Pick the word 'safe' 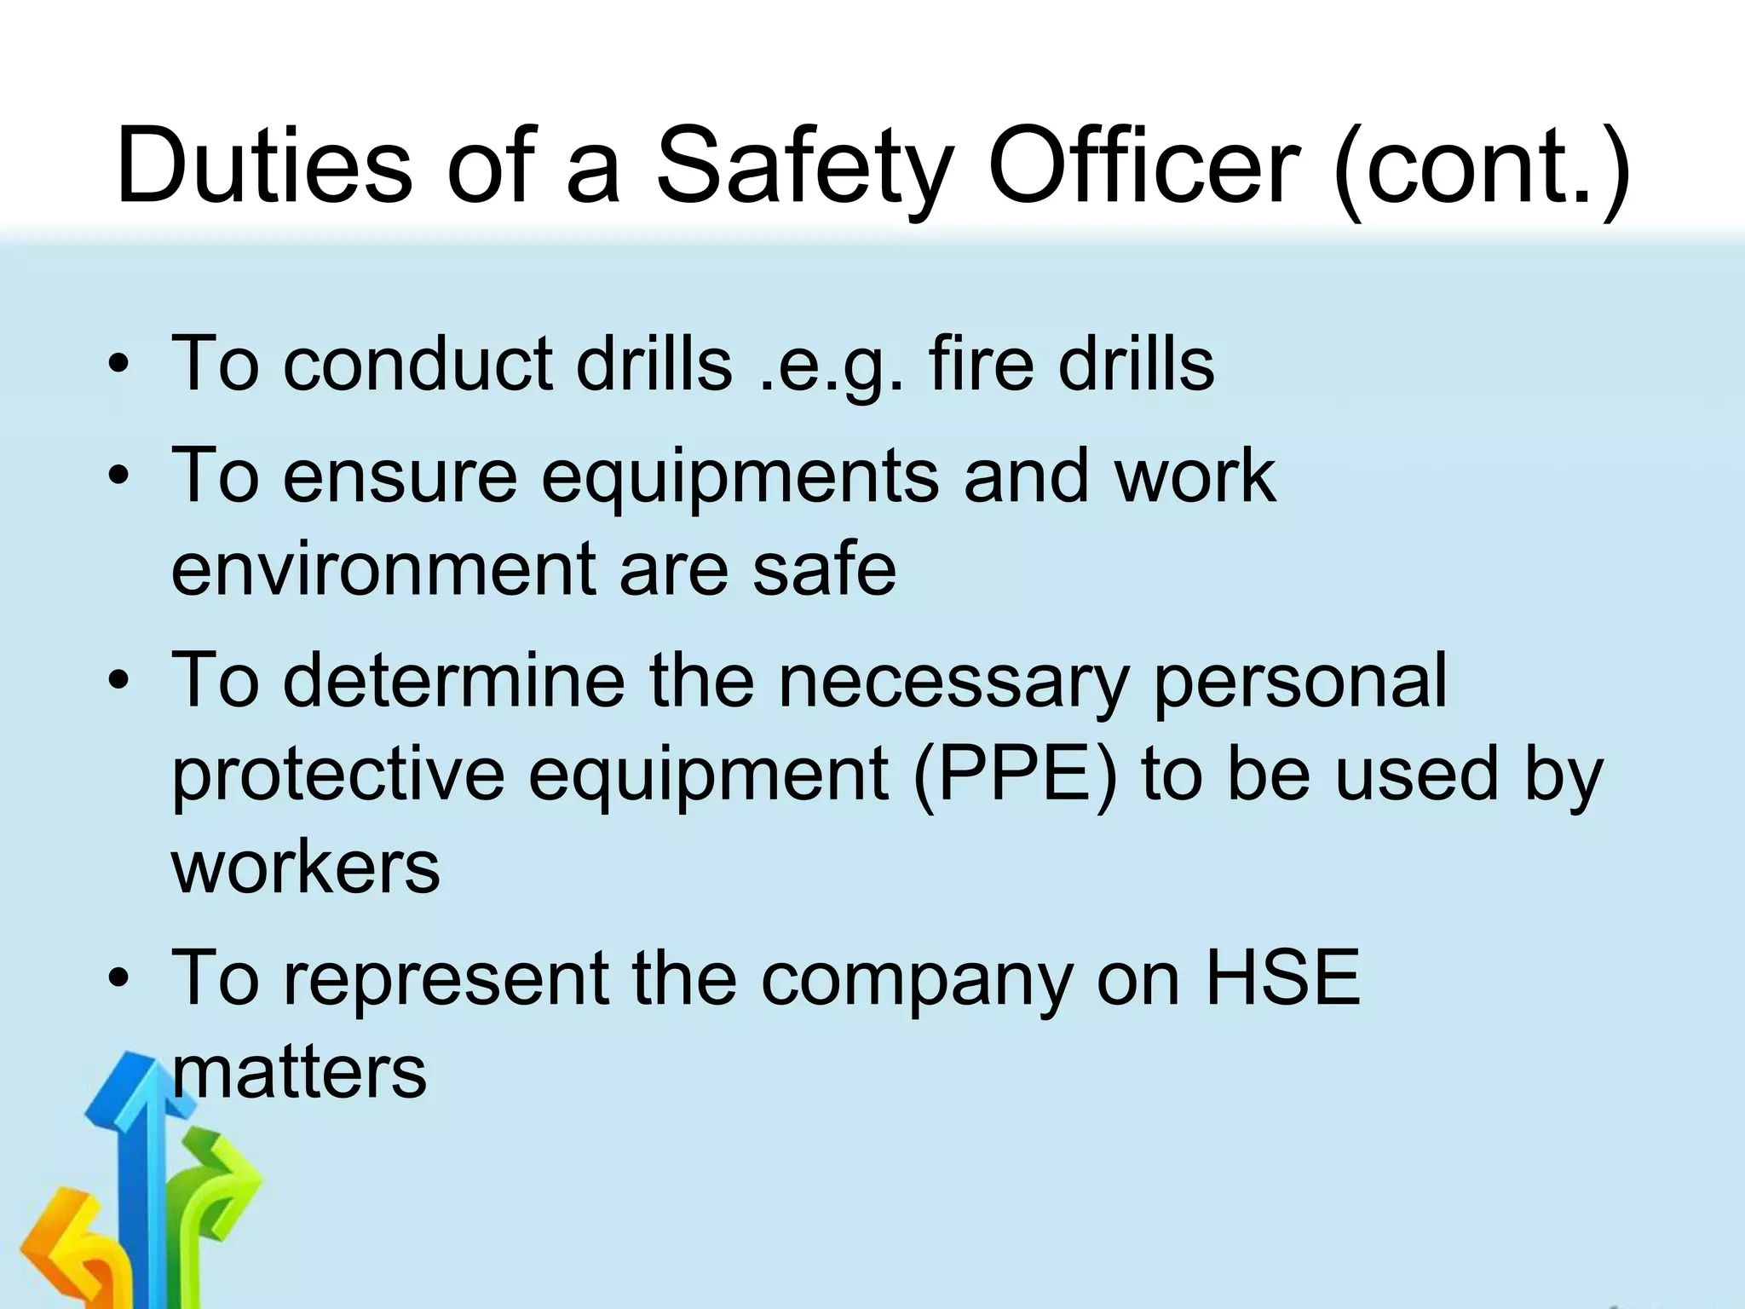(x=824, y=568)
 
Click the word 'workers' (x=306, y=868)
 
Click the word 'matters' (x=299, y=1072)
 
